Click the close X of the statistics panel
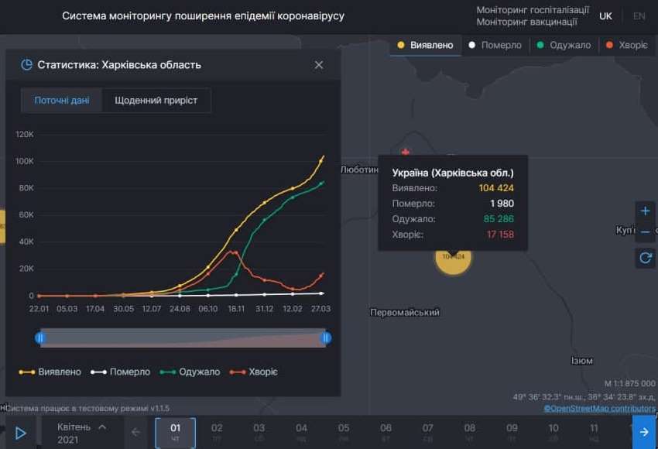tap(319, 65)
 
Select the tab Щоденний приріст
tap(156, 101)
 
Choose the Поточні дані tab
tap(61, 101)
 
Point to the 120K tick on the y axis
tap(25, 135)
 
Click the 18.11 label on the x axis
tap(236, 309)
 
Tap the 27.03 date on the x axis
tap(320, 309)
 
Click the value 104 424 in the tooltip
tap(496, 188)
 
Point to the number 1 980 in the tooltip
tap(502, 204)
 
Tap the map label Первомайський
tap(405, 313)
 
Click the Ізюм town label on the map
tap(581, 361)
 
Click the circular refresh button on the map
tap(645, 258)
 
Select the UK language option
tap(605, 16)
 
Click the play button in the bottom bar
tap(21, 433)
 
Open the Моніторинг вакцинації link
tap(526, 22)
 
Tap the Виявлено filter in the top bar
tap(425, 45)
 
